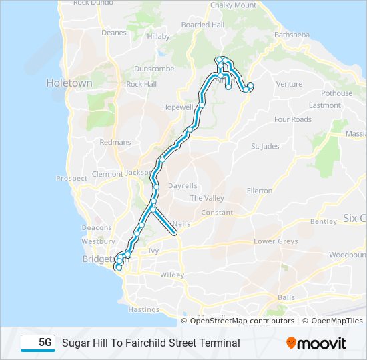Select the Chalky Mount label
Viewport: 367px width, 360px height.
(233, 5)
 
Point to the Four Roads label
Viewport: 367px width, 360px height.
(292, 119)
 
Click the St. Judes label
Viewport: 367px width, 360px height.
(265, 147)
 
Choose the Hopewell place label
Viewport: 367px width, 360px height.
(177, 107)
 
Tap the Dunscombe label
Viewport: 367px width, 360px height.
(153, 69)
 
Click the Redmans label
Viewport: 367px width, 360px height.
(115, 143)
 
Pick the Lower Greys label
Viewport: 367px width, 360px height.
(276, 241)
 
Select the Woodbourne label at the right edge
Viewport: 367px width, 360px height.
(348, 255)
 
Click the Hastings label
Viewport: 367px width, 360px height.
(143, 309)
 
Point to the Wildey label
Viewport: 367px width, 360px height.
(171, 275)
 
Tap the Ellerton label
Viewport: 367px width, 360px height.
(260, 191)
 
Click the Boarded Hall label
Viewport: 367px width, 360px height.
(202, 25)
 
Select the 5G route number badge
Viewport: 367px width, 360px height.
(38, 343)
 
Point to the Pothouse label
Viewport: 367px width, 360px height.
(336, 93)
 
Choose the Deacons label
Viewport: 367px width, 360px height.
(97, 227)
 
